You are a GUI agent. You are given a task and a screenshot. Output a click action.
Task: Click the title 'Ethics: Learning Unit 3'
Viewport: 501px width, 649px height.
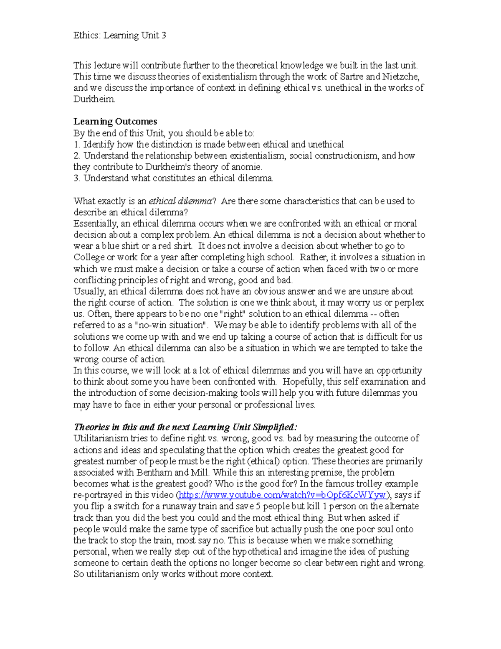(120, 36)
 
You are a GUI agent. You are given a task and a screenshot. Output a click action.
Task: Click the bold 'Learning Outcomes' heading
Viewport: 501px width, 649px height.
(115, 122)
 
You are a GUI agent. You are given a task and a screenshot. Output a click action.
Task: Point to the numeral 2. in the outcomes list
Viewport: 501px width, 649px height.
(77, 156)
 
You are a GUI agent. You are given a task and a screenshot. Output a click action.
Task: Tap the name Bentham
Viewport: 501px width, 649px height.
(154, 473)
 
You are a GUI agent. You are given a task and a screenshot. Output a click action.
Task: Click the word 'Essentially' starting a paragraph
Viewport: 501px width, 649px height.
(95, 224)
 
